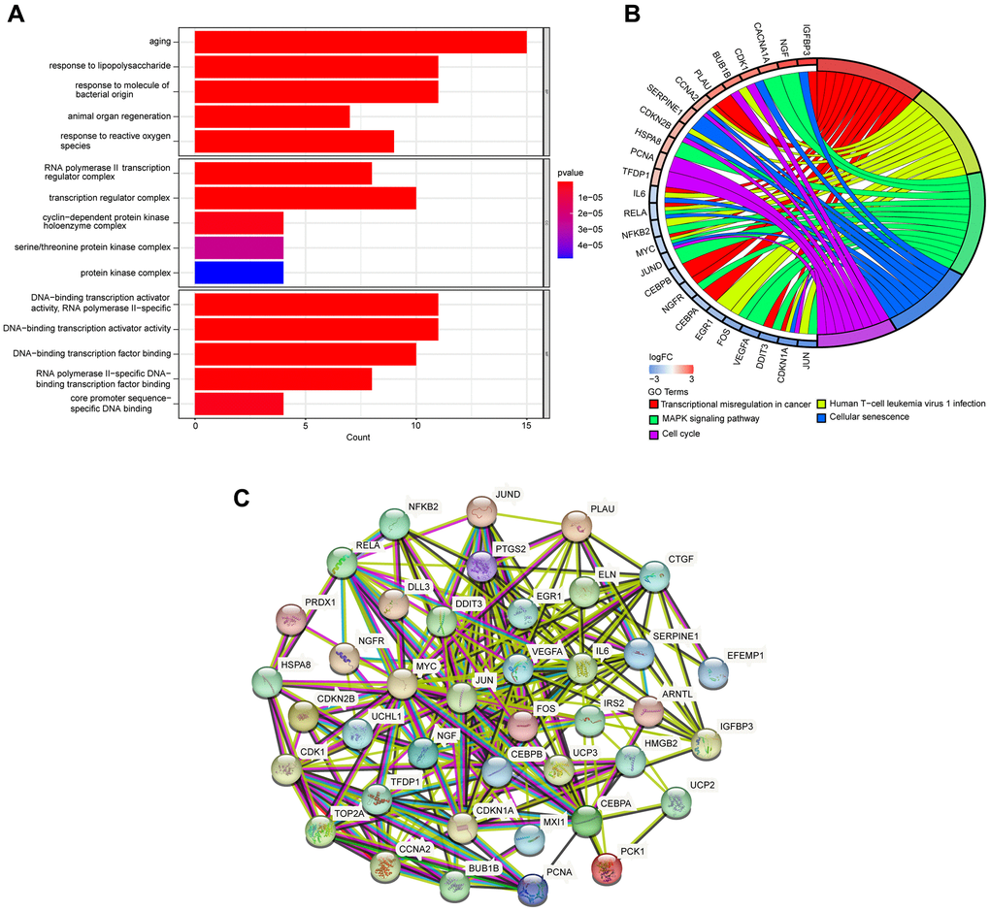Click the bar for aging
(x=360, y=42)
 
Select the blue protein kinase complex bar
(x=239, y=273)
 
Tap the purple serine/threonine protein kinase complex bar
(x=239, y=247)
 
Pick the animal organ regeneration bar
(x=272, y=117)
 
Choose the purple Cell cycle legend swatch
(x=655, y=434)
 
